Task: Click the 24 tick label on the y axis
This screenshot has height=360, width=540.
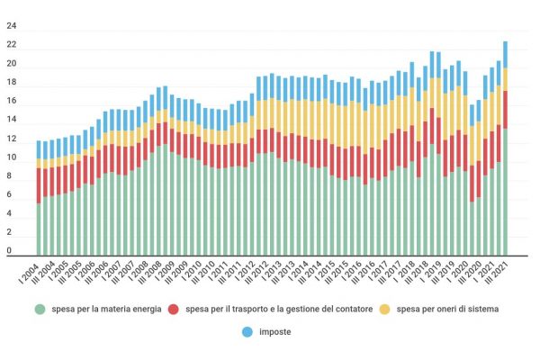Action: [12, 26]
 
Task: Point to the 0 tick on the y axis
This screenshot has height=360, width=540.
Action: [10, 253]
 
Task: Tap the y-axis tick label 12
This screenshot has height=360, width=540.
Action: [12, 139]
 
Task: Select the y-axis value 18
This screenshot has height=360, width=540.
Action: [12, 83]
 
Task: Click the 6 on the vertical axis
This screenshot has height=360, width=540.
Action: [10, 196]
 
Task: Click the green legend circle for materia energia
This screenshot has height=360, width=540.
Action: [40, 310]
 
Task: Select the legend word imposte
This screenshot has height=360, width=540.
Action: [275, 331]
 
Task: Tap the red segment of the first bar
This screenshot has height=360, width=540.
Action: [39, 185]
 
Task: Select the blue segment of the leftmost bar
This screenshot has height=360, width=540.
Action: [39, 149]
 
